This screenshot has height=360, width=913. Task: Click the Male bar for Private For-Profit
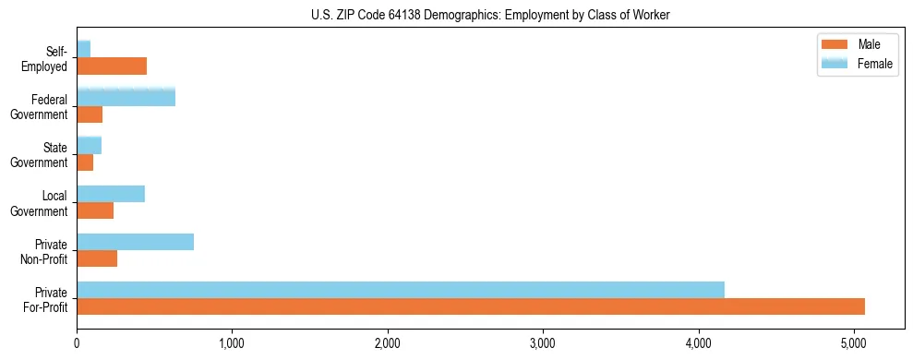pyautogui.click(x=471, y=306)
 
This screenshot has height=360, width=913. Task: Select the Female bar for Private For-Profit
pyautogui.click(x=401, y=289)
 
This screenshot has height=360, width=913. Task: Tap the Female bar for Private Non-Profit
pyautogui.click(x=135, y=242)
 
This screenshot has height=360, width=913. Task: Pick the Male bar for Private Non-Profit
pyautogui.click(x=97, y=258)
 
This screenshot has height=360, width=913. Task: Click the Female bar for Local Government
pyautogui.click(x=111, y=194)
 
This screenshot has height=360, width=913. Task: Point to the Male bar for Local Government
pyautogui.click(x=95, y=210)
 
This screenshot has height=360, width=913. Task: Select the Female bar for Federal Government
pyautogui.click(x=126, y=97)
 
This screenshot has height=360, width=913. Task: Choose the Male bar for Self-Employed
pyautogui.click(x=112, y=66)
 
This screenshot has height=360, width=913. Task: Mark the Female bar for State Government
pyautogui.click(x=89, y=145)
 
